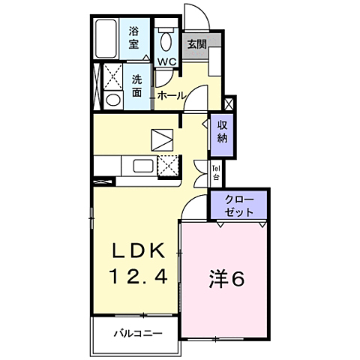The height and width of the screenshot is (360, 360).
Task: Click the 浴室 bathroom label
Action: (135, 37)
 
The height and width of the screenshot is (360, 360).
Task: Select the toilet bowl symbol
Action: (166, 38)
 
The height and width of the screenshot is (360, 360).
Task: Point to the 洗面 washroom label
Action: (137, 85)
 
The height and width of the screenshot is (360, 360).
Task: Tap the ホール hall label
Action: (172, 95)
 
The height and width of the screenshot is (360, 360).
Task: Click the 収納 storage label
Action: (223, 131)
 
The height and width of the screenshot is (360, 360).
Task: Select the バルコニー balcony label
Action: (138, 332)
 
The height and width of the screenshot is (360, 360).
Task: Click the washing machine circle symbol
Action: (114, 100)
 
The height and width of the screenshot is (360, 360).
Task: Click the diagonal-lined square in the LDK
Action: (161, 139)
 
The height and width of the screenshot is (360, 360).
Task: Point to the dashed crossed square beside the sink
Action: (167, 166)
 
